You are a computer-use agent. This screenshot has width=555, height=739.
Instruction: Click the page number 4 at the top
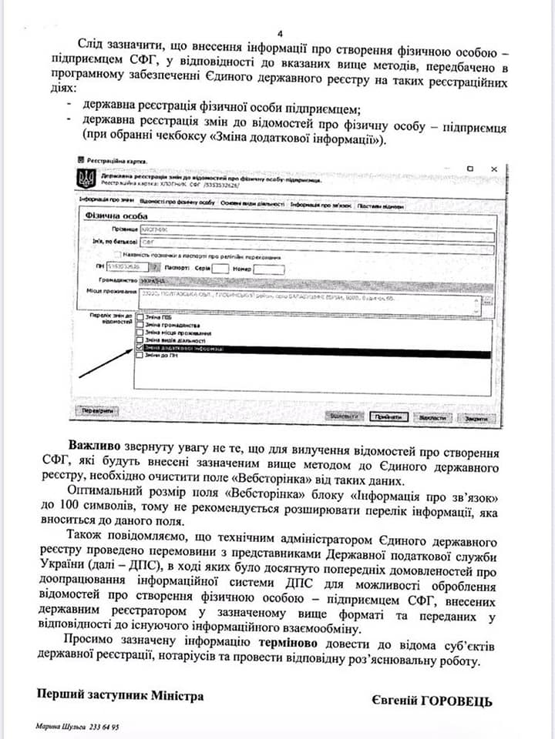click(280, 34)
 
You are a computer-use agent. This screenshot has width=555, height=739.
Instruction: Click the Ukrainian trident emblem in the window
click(85, 180)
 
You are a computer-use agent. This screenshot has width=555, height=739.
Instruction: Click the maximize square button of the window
click(469, 168)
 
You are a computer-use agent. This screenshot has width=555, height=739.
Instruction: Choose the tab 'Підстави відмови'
click(380, 206)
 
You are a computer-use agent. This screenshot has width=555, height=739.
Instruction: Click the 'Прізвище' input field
click(308, 229)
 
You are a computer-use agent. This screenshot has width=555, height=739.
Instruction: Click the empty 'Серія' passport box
click(220, 269)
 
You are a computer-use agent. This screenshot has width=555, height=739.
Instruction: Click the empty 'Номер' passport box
click(268, 269)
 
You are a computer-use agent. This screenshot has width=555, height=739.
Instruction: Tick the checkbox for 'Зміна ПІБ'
click(140, 316)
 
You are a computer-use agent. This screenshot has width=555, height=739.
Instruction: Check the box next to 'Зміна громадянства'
click(140, 325)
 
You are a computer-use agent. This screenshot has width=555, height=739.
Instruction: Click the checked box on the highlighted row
click(140, 348)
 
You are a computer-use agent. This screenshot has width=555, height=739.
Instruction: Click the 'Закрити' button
click(475, 417)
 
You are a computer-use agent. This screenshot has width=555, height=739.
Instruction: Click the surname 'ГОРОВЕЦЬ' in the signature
click(454, 701)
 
